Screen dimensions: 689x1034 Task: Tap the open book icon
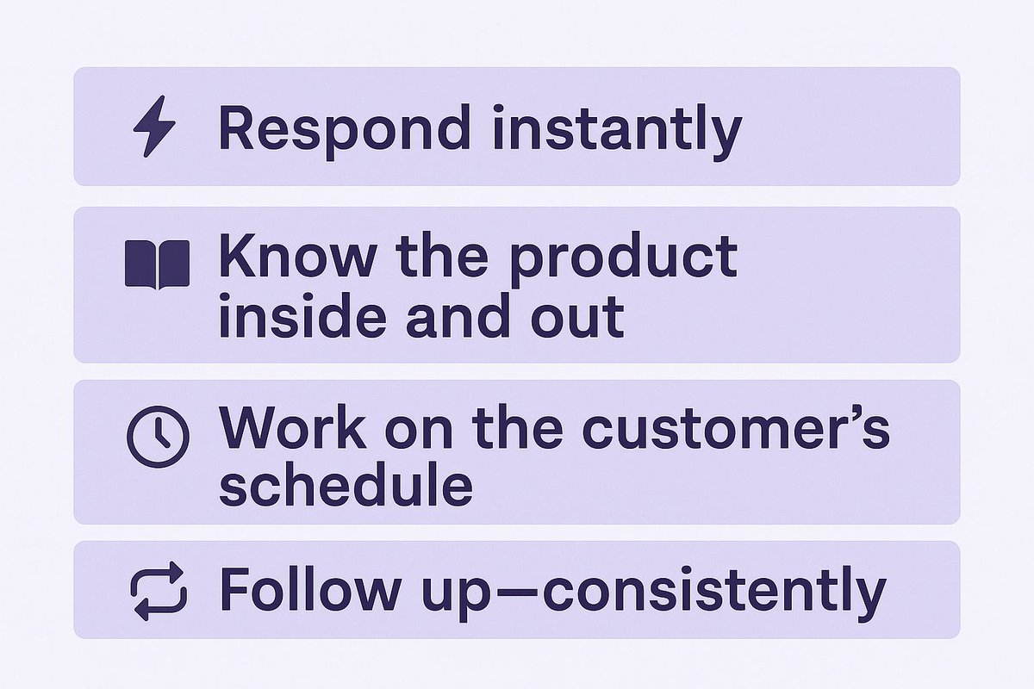pyautogui.click(x=157, y=264)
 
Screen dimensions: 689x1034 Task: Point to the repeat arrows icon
pyautogui.click(x=158, y=591)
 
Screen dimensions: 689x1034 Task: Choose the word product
pyautogui.click(x=624, y=258)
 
